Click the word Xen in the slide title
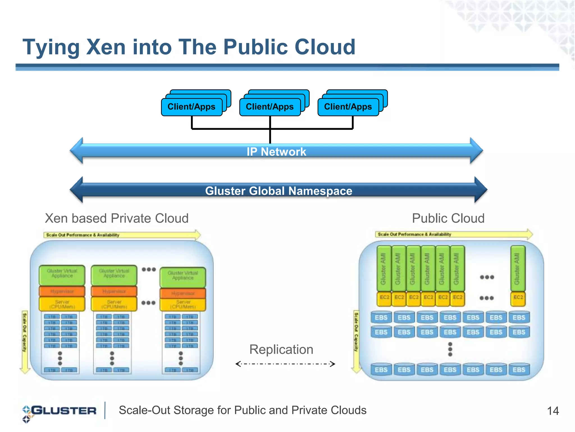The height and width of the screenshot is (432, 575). (x=106, y=47)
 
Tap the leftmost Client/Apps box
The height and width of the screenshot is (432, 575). (x=191, y=107)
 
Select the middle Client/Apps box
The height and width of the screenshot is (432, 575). (x=270, y=107)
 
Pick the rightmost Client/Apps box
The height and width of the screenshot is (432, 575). (x=348, y=107)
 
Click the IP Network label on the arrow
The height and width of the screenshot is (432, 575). (x=276, y=152)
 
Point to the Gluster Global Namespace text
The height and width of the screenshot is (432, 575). (x=279, y=191)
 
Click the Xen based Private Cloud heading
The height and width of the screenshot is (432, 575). (x=117, y=218)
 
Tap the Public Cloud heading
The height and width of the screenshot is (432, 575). (x=448, y=218)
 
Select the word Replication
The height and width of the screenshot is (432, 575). (x=281, y=349)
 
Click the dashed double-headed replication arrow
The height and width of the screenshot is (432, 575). (x=285, y=364)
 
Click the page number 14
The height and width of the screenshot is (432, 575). (x=553, y=411)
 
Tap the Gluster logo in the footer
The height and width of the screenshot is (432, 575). (x=60, y=411)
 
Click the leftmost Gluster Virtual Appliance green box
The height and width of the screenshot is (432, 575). (x=62, y=275)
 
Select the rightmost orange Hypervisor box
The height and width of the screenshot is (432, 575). (x=183, y=293)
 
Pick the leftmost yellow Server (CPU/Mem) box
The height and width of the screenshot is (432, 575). (x=62, y=304)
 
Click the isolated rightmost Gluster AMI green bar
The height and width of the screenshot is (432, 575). (x=517, y=268)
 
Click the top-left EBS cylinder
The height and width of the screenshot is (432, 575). (x=381, y=317)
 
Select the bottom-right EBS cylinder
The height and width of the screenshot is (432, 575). (x=519, y=369)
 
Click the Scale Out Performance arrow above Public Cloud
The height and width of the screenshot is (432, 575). (x=453, y=234)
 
